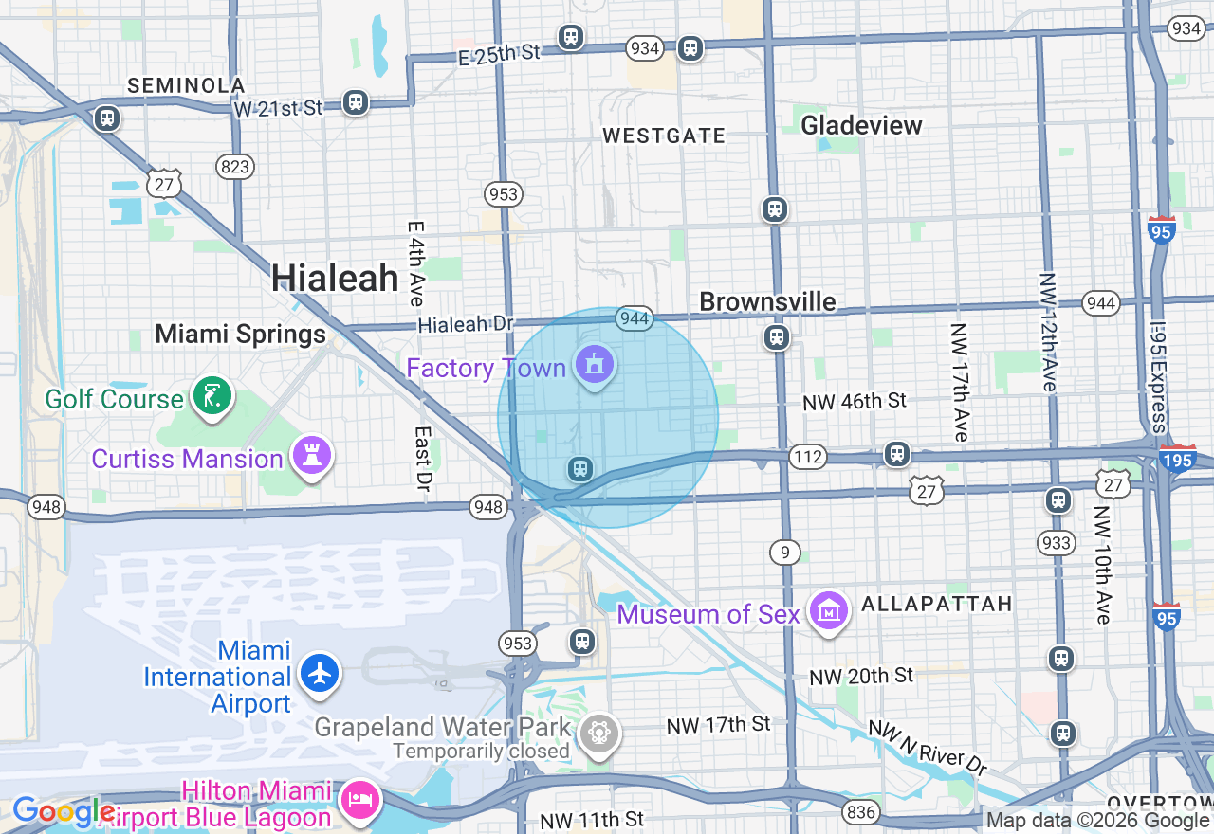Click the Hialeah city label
coord(335,279)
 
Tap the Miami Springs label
coord(240,334)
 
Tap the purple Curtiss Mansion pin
coord(312,457)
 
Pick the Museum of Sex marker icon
coord(829,612)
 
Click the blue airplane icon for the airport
coord(320,673)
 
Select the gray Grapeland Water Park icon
coord(599,733)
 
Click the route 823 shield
coord(234,168)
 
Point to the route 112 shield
coord(808,458)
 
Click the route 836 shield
coord(860,811)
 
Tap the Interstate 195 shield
coord(1178,460)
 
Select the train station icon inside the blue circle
coord(579,468)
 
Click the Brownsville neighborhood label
coord(767,301)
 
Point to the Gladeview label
coord(861,125)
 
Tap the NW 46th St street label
coord(855,402)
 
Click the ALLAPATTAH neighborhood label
coord(936,604)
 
